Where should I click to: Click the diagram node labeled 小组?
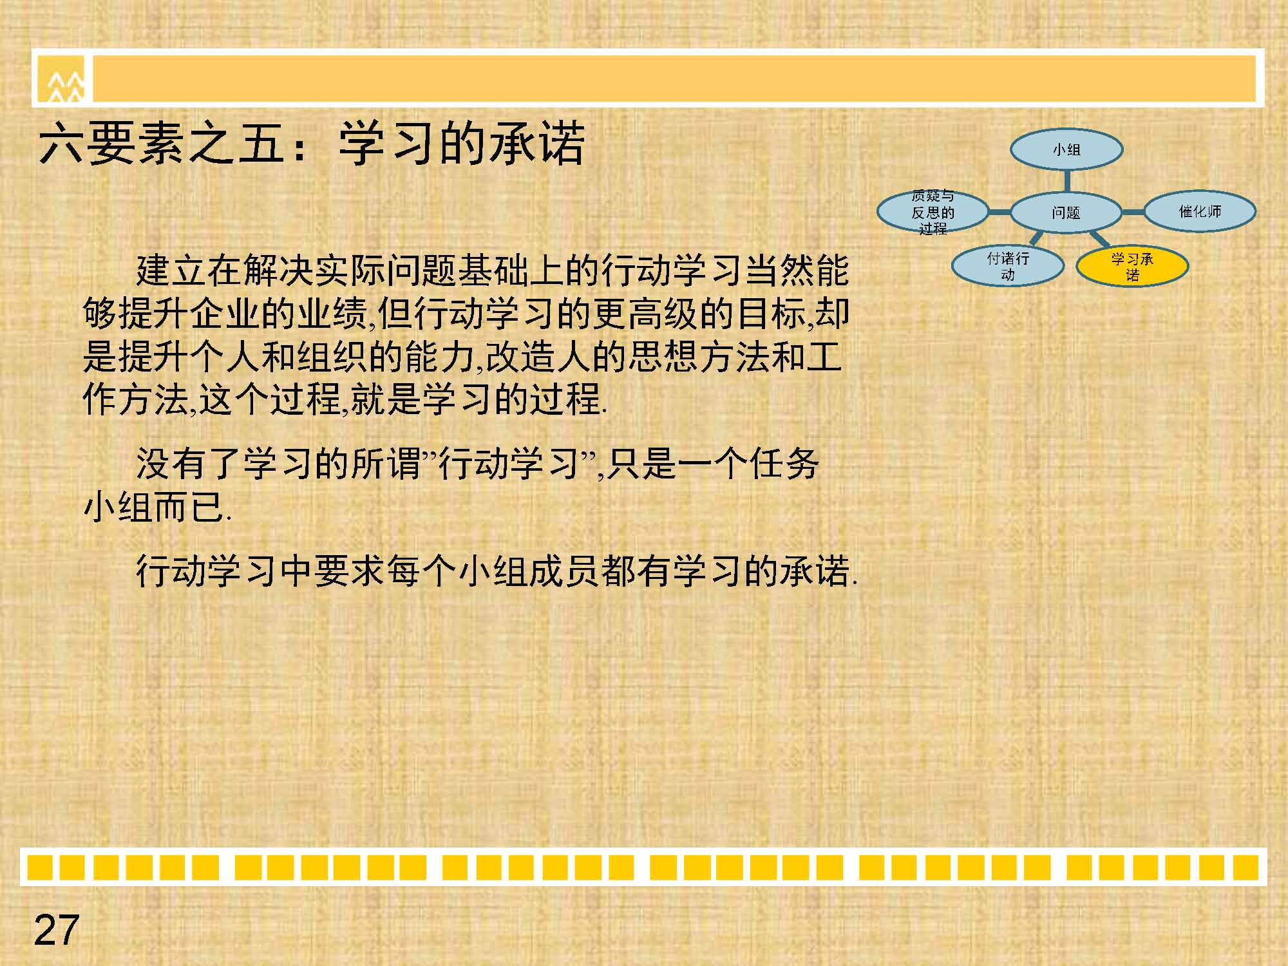pyautogui.click(x=1066, y=149)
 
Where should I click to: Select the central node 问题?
pyautogui.click(x=1066, y=212)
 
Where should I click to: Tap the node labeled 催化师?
pyautogui.click(x=1200, y=211)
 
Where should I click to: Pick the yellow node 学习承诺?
pyautogui.click(x=1132, y=267)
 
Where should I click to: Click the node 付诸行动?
pyautogui.click(x=1008, y=266)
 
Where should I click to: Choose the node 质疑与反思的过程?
pyautogui.click(x=933, y=212)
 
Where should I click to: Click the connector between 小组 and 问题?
pyautogui.click(x=1067, y=181)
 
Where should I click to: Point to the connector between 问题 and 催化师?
pyautogui.click(x=1133, y=212)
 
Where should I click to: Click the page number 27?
pyautogui.click(x=57, y=930)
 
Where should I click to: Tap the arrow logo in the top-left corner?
pyautogui.click(x=62, y=80)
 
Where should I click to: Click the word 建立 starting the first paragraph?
pyautogui.click(x=171, y=270)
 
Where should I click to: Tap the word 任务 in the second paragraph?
pyautogui.click(x=784, y=463)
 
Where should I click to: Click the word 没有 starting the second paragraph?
pyautogui.click(x=171, y=463)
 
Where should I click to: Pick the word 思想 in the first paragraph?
pyautogui.click(x=663, y=357)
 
